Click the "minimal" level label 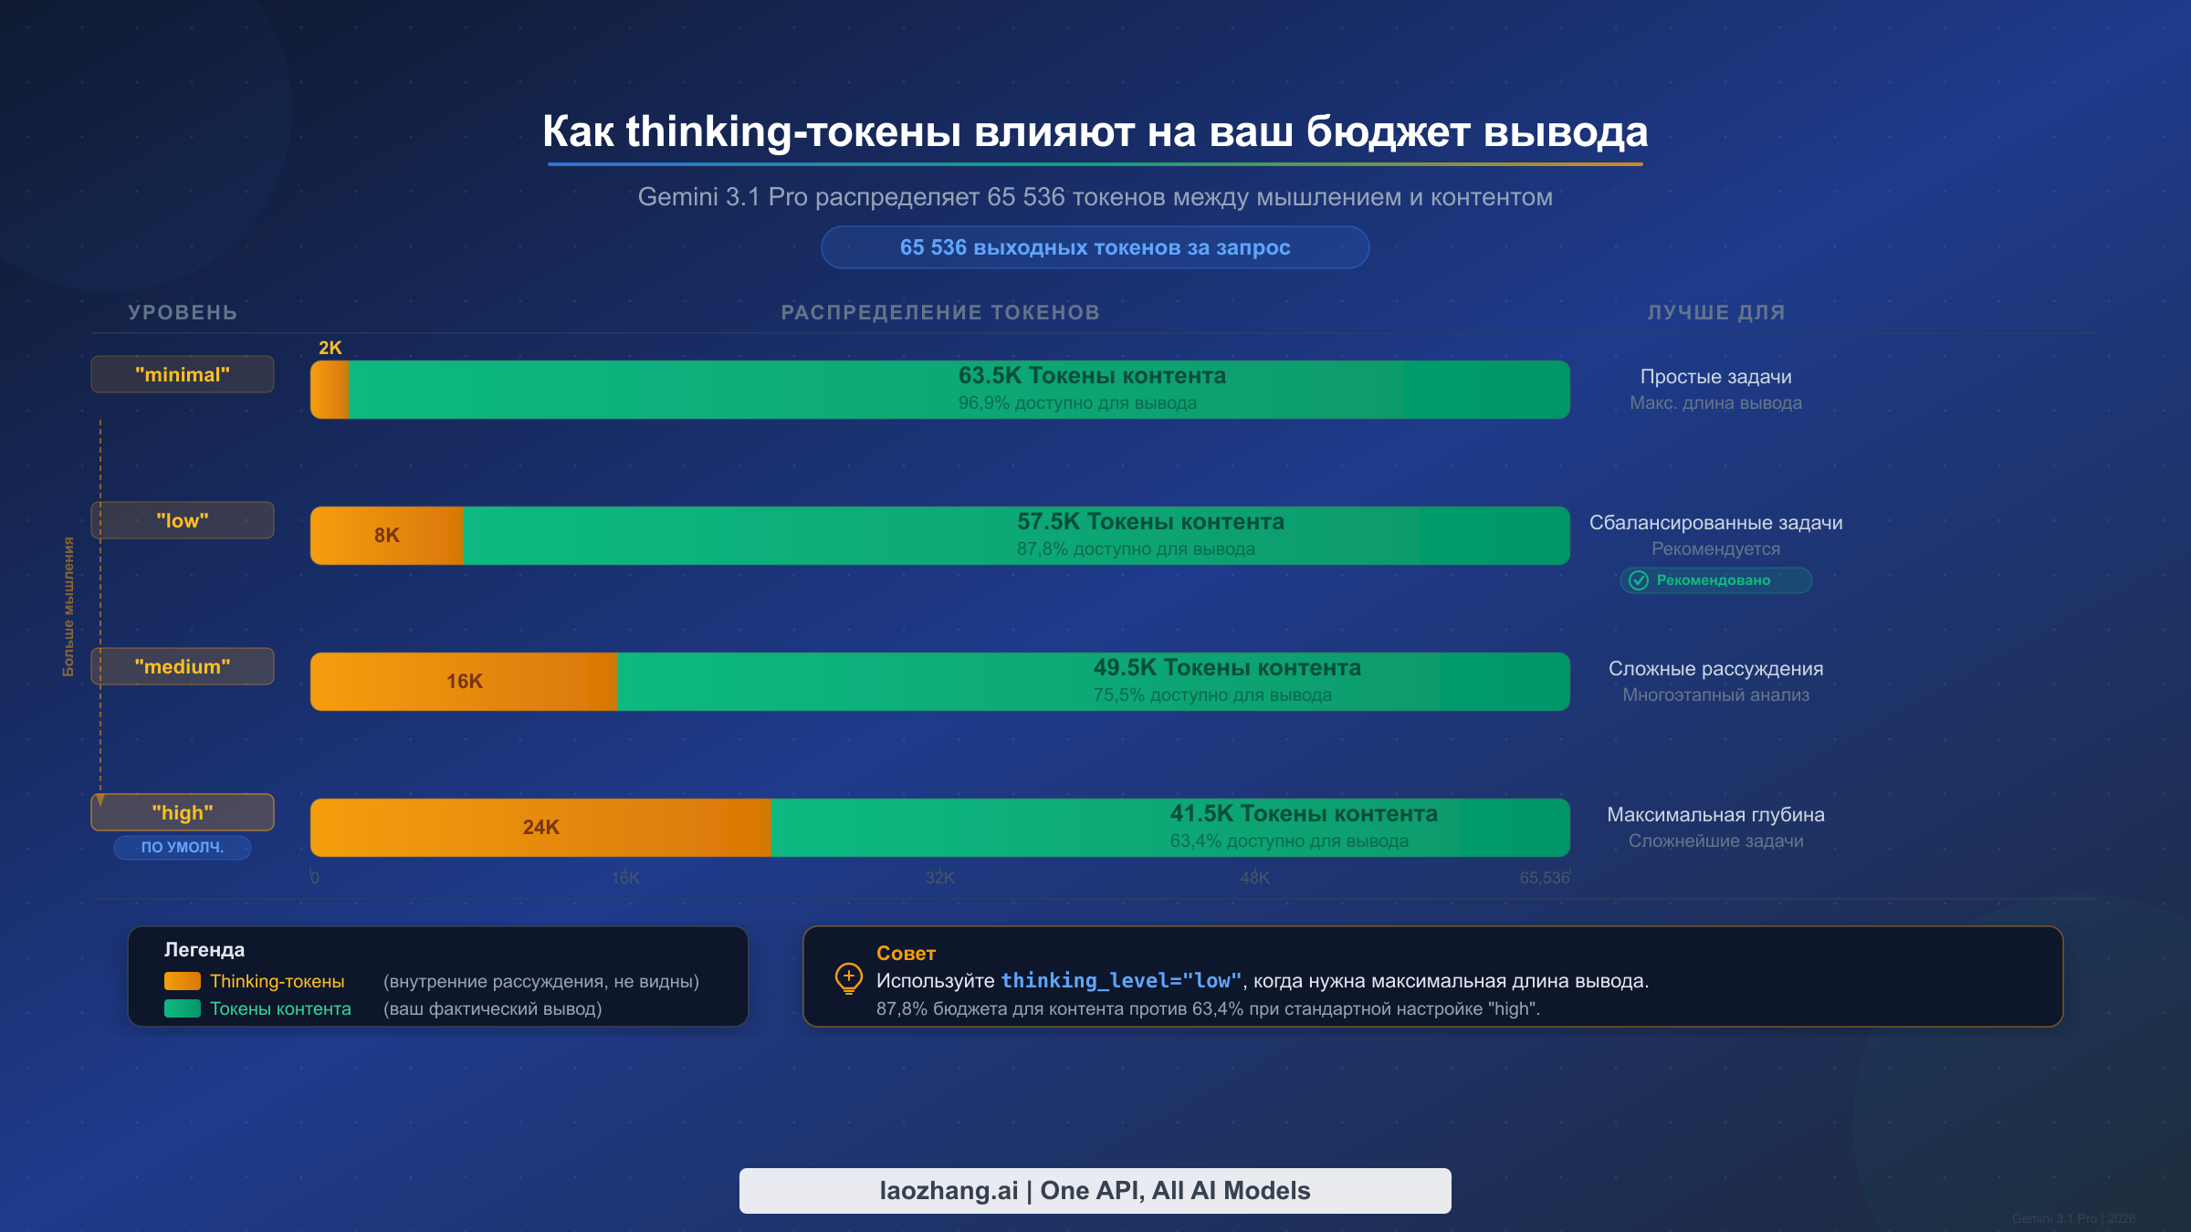coord(183,374)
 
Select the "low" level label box coord(183,520)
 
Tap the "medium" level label coord(183,666)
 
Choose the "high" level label coord(183,812)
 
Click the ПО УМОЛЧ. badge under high coord(183,847)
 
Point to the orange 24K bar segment coord(540,827)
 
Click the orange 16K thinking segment coord(464,681)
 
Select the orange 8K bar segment coord(386,535)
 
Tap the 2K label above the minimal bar coord(330,348)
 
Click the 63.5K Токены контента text coord(1092,375)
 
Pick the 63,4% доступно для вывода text coord(1289,840)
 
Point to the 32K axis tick coord(939,877)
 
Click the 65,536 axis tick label coord(1544,877)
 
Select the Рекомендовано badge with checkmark coord(1714,580)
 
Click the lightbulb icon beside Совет coord(848,978)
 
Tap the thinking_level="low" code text coord(1121,980)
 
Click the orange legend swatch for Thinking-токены coord(182,981)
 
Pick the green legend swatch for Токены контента coord(182,1008)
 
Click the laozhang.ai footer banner coord(1095,1190)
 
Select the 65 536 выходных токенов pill coord(1095,247)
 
